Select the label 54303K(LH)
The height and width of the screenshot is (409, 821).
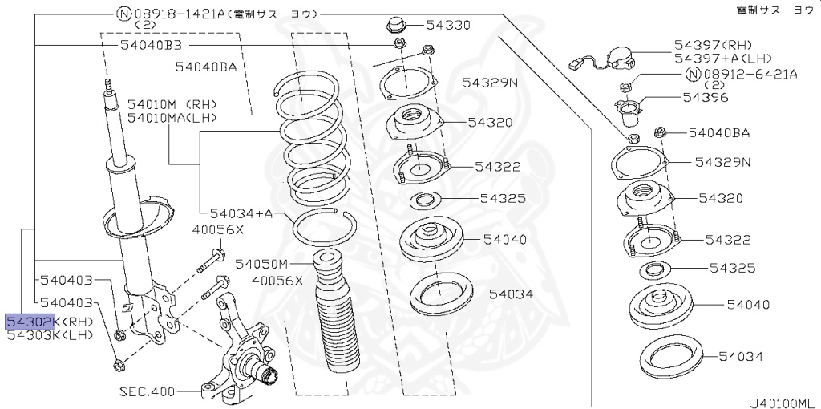[51, 336]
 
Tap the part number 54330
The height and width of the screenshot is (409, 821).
[447, 25]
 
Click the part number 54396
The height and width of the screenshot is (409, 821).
[705, 97]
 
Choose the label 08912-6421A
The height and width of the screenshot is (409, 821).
[750, 75]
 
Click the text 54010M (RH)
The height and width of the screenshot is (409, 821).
[172, 104]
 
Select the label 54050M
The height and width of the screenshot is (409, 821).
[261, 263]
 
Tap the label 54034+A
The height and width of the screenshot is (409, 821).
[241, 213]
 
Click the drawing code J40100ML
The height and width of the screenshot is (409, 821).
[781, 403]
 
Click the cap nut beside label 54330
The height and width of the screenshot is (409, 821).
[397, 25]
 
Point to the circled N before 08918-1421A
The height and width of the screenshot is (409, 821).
[123, 14]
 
